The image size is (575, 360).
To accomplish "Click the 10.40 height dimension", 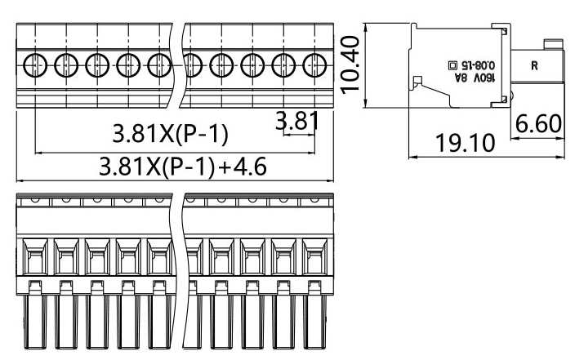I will point(350,65).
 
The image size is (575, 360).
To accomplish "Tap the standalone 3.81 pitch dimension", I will point(296,122).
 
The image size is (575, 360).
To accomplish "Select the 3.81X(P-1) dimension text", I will point(170,133).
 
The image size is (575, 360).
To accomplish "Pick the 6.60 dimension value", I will point(539,123).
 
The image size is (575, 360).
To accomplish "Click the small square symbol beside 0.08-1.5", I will point(453,64).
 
